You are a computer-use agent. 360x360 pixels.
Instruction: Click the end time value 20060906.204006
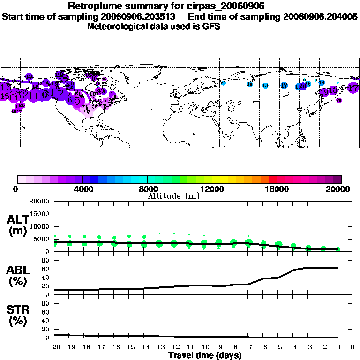coord(321,16)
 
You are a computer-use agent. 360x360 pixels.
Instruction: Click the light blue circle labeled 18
coord(265,86)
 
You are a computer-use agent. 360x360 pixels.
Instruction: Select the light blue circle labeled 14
coord(322,82)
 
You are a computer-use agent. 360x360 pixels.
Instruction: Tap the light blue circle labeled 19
coord(249,84)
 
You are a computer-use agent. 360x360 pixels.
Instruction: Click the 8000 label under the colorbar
coord(147,189)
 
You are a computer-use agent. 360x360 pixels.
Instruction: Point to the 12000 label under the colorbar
coord(212,189)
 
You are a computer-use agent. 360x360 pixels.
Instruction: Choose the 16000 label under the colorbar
coord(277,189)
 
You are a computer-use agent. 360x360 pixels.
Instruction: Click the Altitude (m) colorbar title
coord(173,196)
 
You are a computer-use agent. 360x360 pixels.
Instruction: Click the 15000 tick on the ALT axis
coord(41,214)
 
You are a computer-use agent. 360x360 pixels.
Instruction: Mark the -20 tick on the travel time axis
coord(54,347)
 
